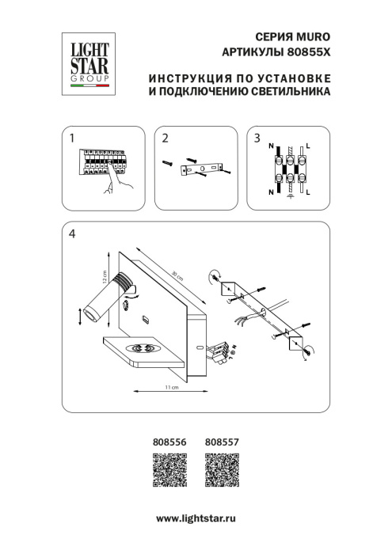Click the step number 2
pyautogui.click(x=165, y=138)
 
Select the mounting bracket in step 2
pyautogui.click(x=204, y=168)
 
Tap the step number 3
pyautogui.click(x=257, y=138)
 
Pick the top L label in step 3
pyautogui.click(x=308, y=146)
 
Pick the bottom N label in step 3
pyautogui.click(x=272, y=192)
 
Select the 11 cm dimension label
pyautogui.click(x=169, y=388)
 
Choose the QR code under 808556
pyautogui.click(x=168, y=472)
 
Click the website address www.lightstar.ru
pyautogui.click(x=196, y=517)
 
